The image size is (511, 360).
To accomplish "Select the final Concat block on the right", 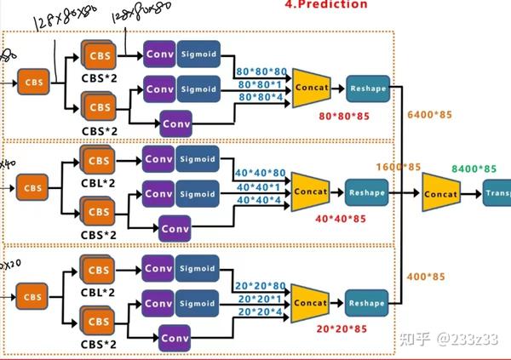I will tap(442, 194).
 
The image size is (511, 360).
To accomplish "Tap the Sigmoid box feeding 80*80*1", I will tap(198, 88).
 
